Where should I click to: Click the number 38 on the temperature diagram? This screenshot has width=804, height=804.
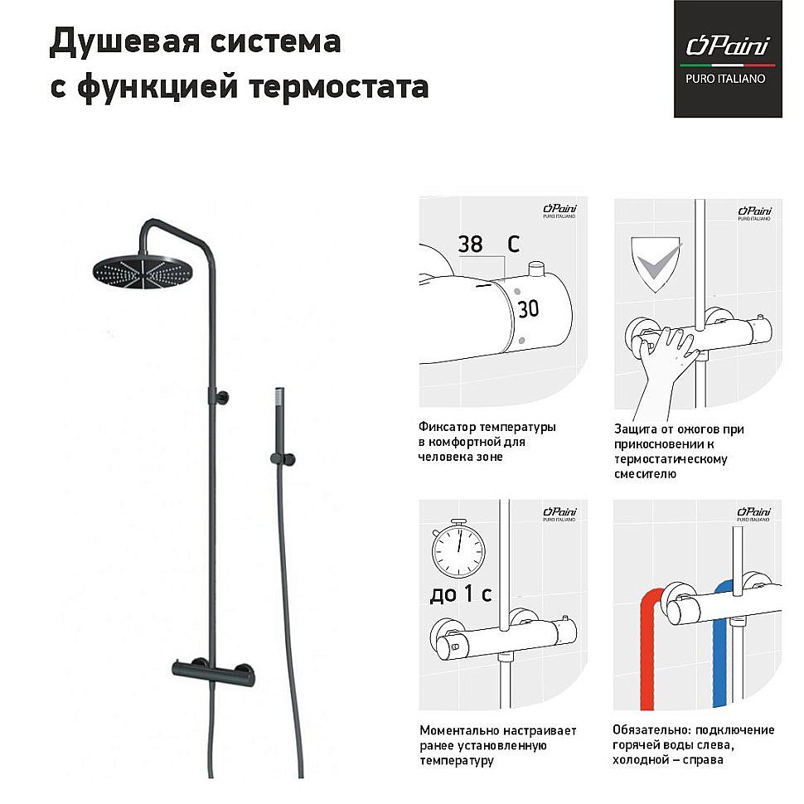click(x=470, y=245)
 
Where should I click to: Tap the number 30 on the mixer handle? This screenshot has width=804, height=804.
click(x=528, y=309)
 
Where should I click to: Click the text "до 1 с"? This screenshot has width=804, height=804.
click(x=461, y=594)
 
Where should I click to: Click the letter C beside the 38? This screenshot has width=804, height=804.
click(x=513, y=245)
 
